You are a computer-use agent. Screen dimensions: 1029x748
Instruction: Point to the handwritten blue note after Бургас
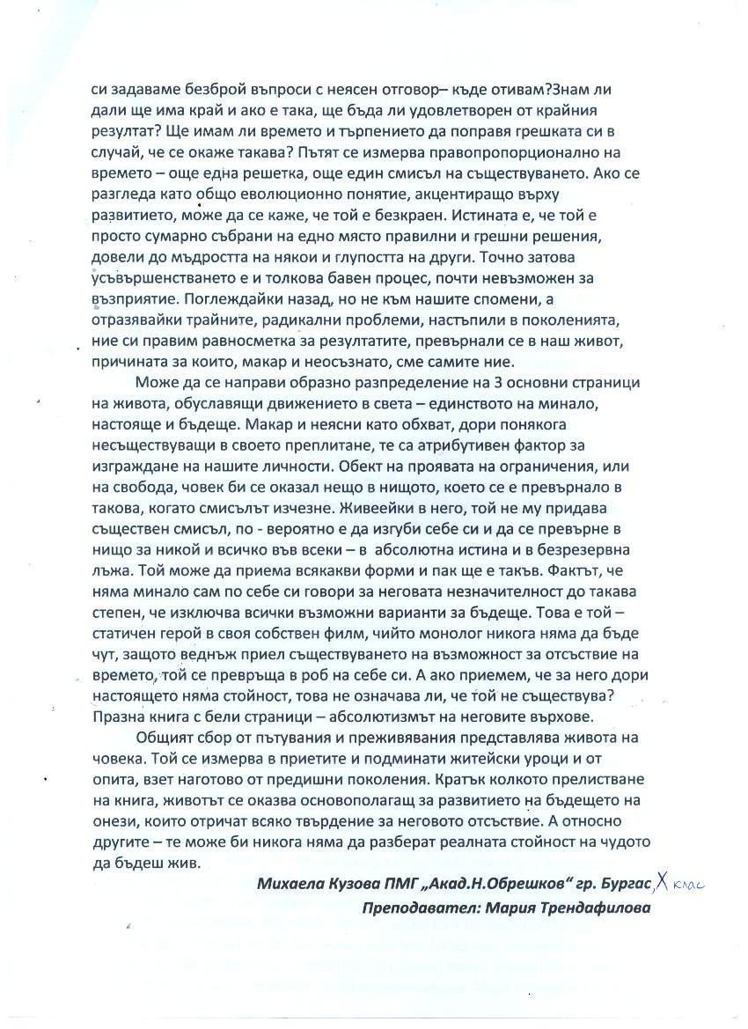(681, 883)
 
